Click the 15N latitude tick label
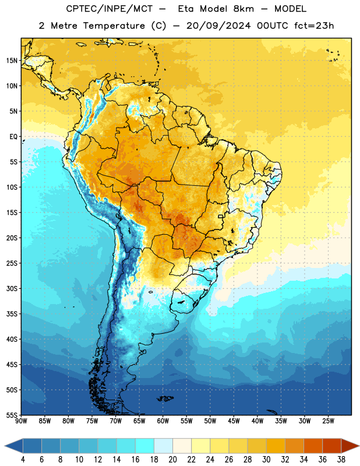click(x=12, y=61)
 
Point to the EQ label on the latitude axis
click(x=13, y=137)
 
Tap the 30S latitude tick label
click(x=12, y=288)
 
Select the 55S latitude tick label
click(x=12, y=415)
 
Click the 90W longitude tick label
click(x=21, y=421)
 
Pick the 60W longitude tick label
click(x=163, y=421)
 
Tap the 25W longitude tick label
click(x=328, y=421)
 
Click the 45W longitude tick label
click(x=234, y=421)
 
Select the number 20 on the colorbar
click(x=172, y=460)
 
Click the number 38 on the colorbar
click(x=341, y=460)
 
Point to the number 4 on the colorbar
click(x=23, y=460)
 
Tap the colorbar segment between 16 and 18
click(x=145, y=446)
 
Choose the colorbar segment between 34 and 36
click(x=313, y=446)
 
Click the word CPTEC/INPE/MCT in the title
click(x=110, y=9)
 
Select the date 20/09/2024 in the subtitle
click(x=218, y=26)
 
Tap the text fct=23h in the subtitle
click(x=314, y=26)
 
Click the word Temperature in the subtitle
click(x=114, y=26)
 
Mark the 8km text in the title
click(x=243, y=9)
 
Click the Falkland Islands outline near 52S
click(x=165, y=398)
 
